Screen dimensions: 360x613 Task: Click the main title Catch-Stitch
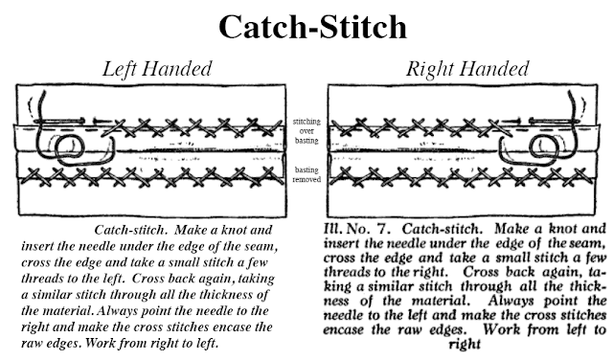click(x=306, y=26)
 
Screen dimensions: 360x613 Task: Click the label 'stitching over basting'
click(x=306, y=133)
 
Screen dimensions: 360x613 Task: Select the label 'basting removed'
click(x=306, y=175)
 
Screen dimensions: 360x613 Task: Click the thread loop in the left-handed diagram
click(x=68, y=149)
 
